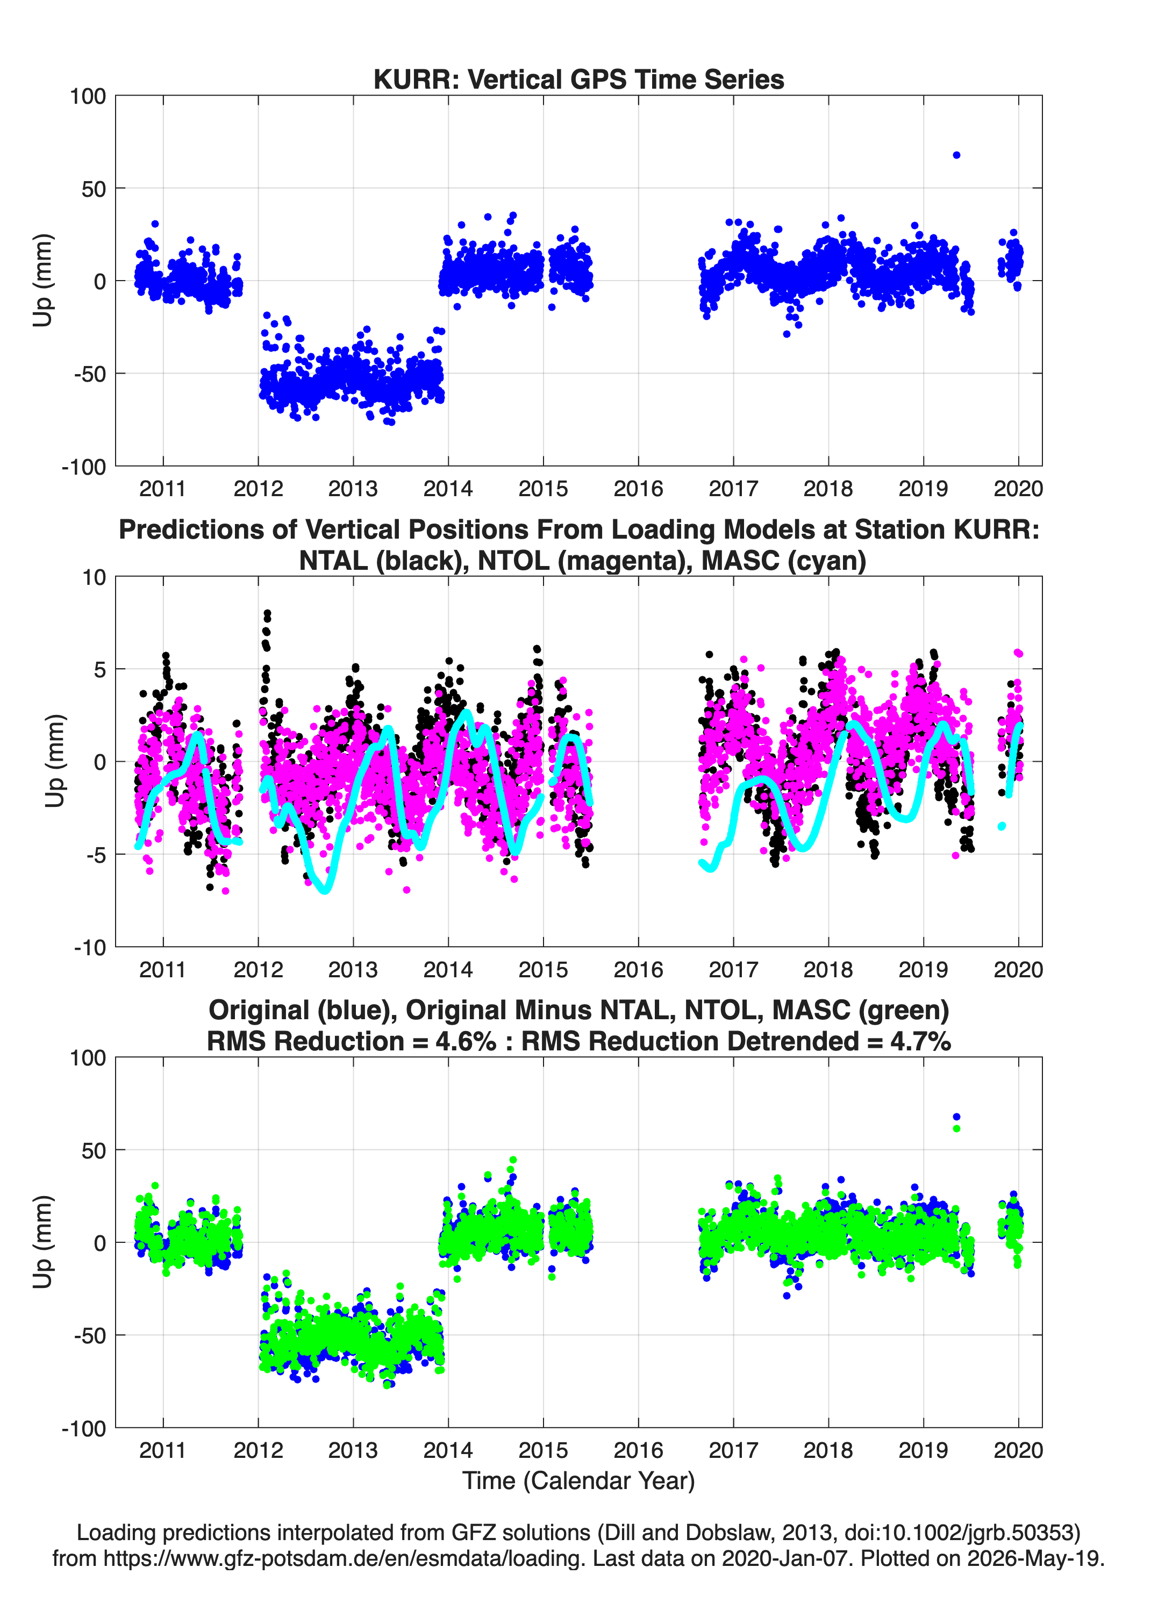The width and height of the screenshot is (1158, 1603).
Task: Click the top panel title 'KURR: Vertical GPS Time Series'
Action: tap(578, 79)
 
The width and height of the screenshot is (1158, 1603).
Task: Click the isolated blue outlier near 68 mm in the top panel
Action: tap(956, 155)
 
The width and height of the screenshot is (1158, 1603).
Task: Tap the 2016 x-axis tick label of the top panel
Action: tap(638, 489)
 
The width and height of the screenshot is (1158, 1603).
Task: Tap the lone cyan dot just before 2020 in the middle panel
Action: tap(1002, 826)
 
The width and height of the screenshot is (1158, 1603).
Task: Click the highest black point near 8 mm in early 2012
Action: tap(267, 613)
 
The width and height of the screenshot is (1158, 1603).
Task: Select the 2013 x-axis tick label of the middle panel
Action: tap(353, 969)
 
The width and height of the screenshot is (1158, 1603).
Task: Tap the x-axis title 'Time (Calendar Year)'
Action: tap(578, 1480)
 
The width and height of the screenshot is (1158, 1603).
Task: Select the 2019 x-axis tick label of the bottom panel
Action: tap(923, 1450)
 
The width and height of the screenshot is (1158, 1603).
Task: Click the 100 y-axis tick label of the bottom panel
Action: tap(88, 1058)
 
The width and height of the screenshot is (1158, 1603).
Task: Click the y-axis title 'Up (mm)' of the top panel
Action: tap(42, 280)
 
